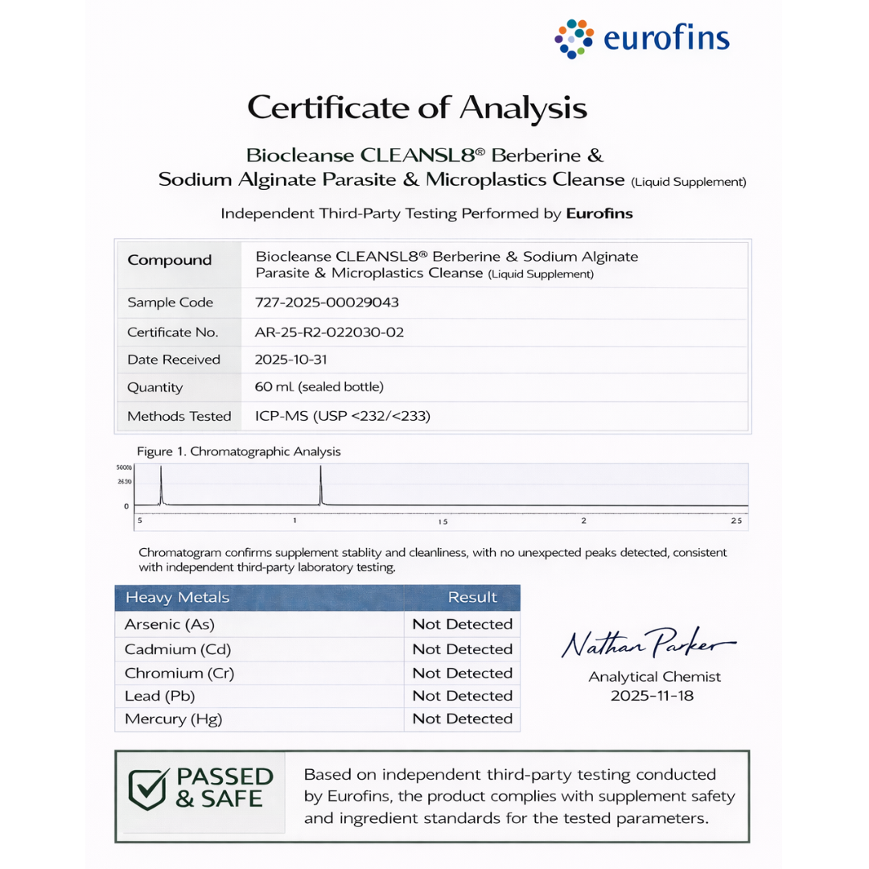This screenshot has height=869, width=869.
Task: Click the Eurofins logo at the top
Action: tap(641, 39)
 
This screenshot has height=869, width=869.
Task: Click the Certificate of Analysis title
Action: tap(417, 107)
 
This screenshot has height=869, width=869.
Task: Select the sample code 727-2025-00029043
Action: tap(327, 303)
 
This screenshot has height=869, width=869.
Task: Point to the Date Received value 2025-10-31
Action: tap(291, 359)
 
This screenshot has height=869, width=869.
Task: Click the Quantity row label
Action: tap(155, 387)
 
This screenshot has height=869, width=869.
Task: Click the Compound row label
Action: tap(170, 260)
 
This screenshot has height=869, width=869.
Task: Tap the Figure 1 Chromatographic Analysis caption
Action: tap(238, 451)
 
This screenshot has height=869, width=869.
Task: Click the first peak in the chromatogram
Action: tap(161, 485)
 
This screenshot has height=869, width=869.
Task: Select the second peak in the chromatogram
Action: tap(320, 485)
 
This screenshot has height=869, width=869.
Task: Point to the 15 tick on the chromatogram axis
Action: tap(443, 522)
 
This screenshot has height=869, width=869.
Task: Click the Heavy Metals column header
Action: tap(177, 597)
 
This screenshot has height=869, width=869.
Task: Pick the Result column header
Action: tap(472, 597)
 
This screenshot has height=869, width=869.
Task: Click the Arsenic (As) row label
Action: tap(170, 624)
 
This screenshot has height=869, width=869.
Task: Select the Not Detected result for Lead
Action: tap(462, 695)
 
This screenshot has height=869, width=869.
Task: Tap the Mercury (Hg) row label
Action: tap(173, 719)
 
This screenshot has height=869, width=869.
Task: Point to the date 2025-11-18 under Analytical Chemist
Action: tap(652, 695)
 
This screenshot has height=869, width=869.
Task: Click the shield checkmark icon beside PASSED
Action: tap(149, 789)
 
